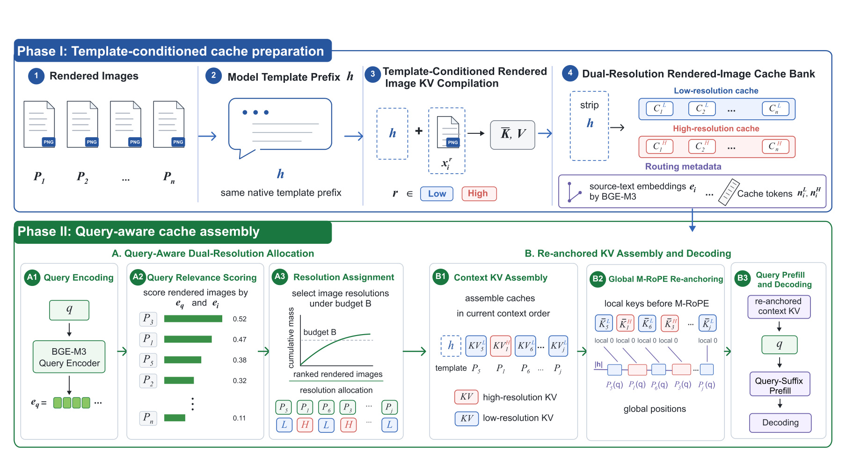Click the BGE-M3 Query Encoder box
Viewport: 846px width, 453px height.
coord(69,357)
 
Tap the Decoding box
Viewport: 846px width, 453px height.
coord(780,423)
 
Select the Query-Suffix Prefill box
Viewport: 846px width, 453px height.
coord(780,386)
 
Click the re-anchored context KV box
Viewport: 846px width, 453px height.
coord(779,307)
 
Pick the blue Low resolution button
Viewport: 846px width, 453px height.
coord(437,194)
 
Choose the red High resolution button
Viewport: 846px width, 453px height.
coord(479,194)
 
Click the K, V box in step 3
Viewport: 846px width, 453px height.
coord(512,135)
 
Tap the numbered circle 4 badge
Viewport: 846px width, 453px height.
coord(570,73)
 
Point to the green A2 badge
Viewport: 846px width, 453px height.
coord(138,277)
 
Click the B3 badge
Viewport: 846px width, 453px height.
coord(743,278)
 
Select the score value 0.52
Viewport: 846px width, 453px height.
coord(240,319)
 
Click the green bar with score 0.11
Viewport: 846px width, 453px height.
coord(175,417)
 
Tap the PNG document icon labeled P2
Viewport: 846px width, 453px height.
coord(82,124)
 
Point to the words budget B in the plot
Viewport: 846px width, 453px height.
coord(320,332)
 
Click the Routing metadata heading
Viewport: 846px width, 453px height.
coord(683,167)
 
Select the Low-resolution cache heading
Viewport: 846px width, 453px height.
coord(716,91)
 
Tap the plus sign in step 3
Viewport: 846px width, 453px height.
coord(419,131)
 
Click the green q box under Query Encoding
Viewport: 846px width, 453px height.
coord(69,310)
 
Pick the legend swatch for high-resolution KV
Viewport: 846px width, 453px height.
coord(467,397)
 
